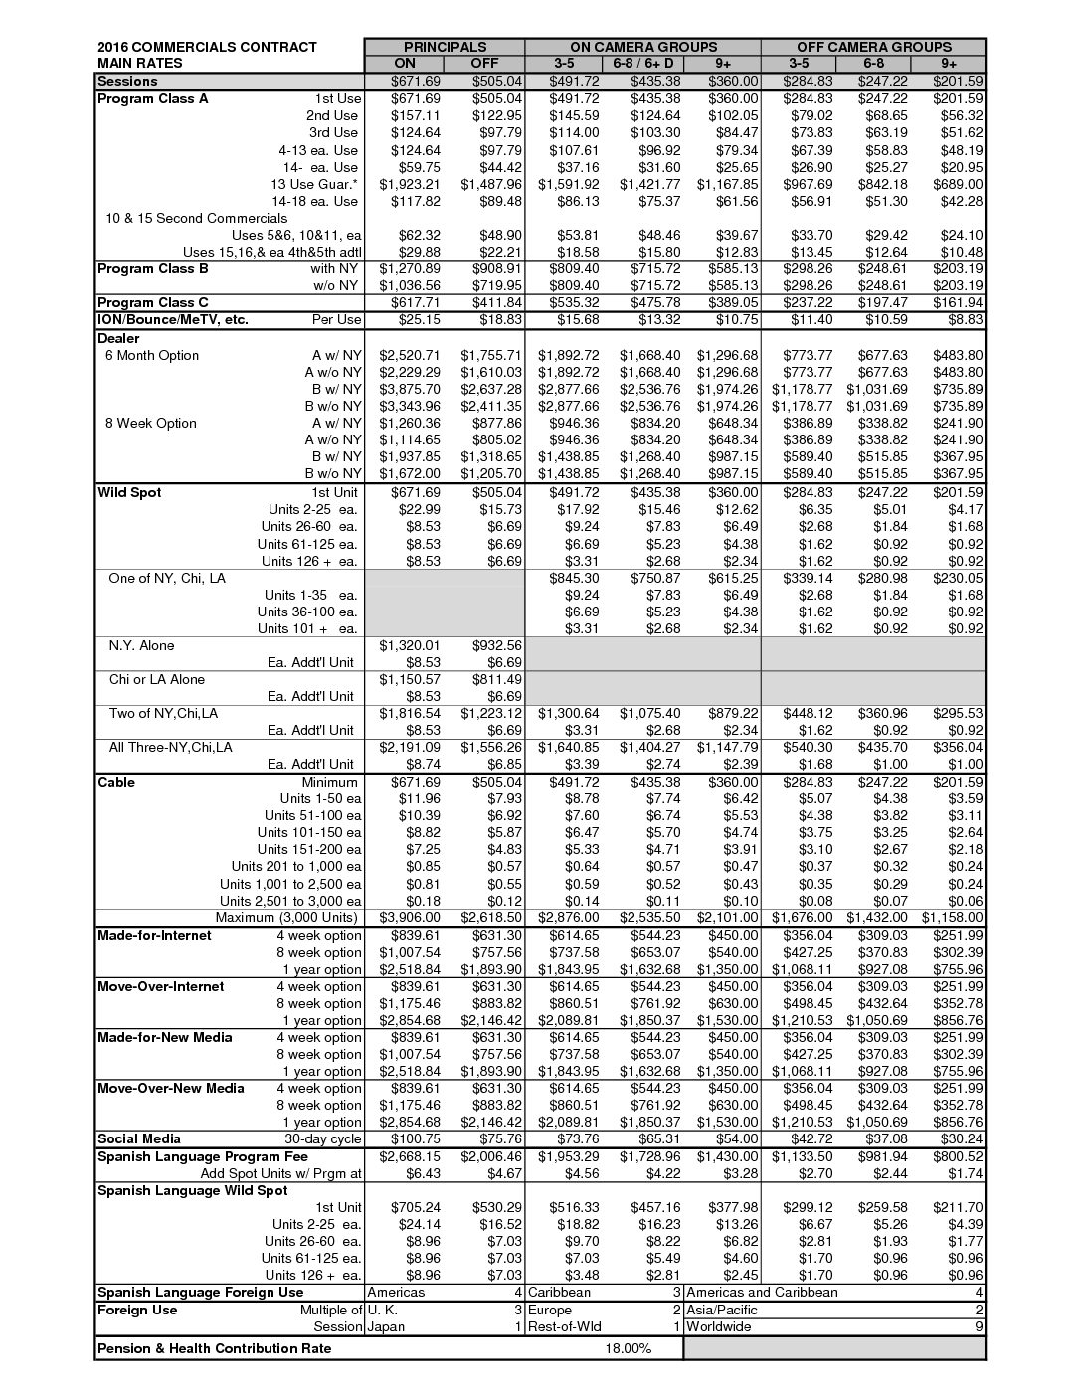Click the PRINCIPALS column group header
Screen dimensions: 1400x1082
(x=445, y=47)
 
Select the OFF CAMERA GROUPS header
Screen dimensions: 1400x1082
(x=873, y=47)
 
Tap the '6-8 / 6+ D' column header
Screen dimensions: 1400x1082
(x=642, y=64)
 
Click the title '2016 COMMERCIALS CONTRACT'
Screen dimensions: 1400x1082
(x=207, y=47)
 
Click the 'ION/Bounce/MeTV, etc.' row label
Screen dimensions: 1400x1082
(x=172, y=319)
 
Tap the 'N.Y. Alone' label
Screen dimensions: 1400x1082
(x=141, y=645)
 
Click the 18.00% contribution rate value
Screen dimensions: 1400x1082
(x=628, y=1348)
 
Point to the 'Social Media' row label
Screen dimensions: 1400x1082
(x=139, y=1138)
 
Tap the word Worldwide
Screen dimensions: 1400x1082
(x=719, y=1326)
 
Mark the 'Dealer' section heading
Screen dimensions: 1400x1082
(x=118, y=338)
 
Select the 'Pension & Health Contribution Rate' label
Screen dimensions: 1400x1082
(x=214, y=1348)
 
